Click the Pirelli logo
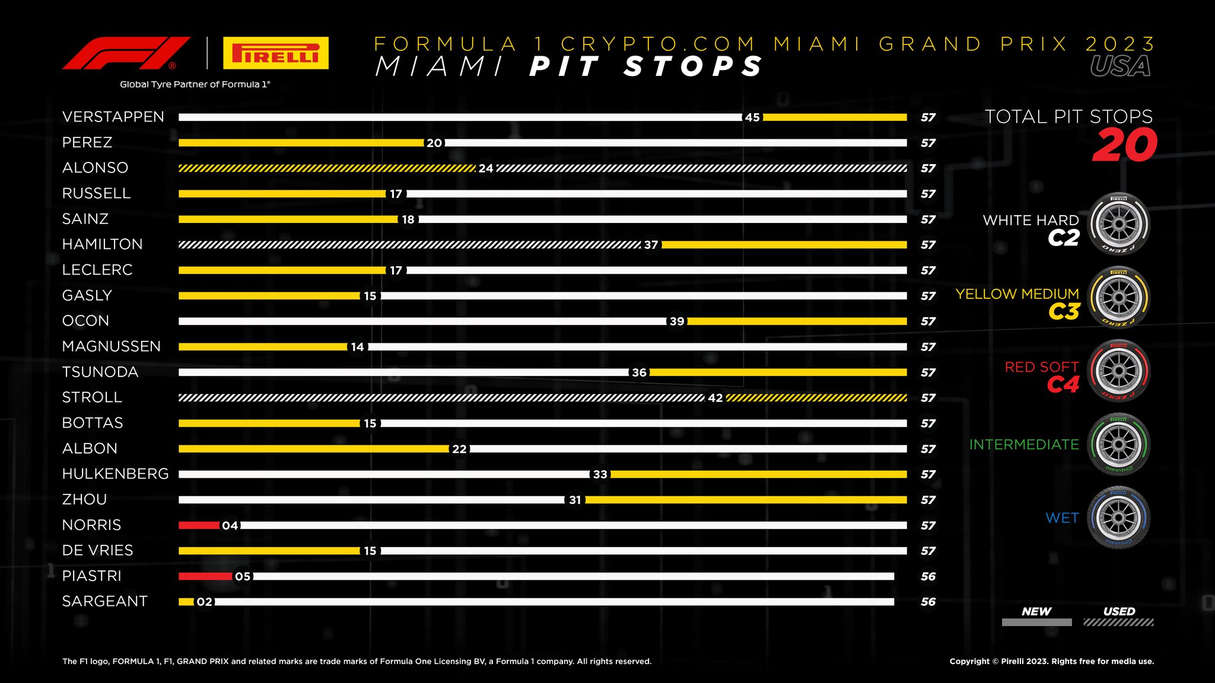click(x=276, y=53)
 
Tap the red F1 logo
click(x=126, y=53)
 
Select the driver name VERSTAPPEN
click(x=113, y=117)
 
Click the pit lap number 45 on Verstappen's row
click(x=752, y=117)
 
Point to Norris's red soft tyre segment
click(x=199, y=525)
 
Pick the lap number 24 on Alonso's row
click(x=486, y=168)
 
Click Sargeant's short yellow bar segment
click(x=186, y=602)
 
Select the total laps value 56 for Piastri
click(x=928, y=576)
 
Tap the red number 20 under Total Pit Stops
click(x=1125, y=145)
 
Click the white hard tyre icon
click(x=1119, y=224)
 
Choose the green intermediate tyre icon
click(x=1119, y=445)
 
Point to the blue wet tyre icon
click(x=1119, y=518)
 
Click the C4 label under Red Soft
click(x=1063, y=385)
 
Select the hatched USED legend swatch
click(x=1118, y=623)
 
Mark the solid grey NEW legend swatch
click(x=1036, y=623)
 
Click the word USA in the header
click(x=1120, y=66)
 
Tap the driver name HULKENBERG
click(x=116, y=474)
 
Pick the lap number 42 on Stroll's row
click(x=715, y=398)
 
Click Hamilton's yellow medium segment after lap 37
click(x=784, y=245)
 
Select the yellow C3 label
click(x=1064, y=312)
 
